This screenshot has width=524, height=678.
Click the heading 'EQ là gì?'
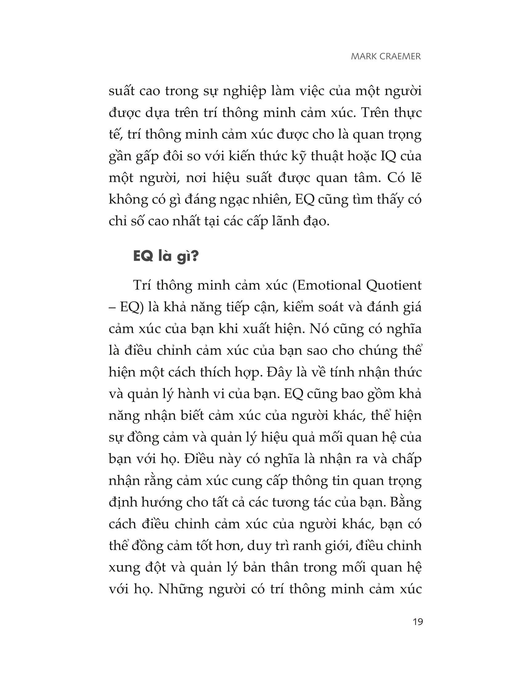coord(165,257)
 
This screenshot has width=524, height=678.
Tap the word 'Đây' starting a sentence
coord(277,372)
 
